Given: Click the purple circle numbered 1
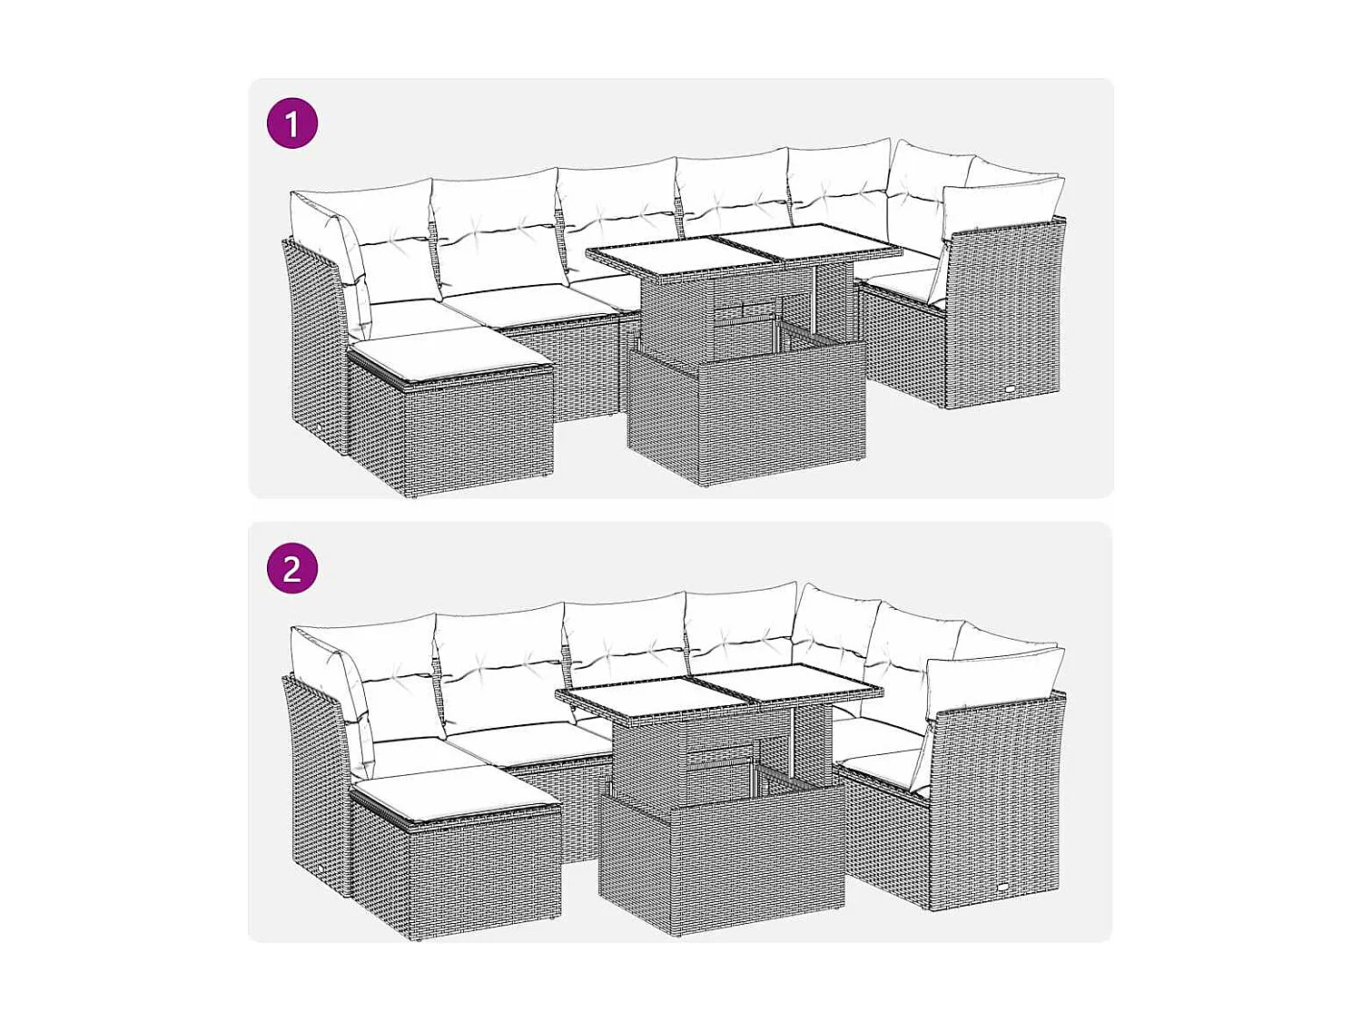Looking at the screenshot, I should [x=292, y=123].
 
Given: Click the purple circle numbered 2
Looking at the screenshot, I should [x=292, y=569].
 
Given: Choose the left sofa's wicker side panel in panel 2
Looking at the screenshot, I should [x=313, y=780].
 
